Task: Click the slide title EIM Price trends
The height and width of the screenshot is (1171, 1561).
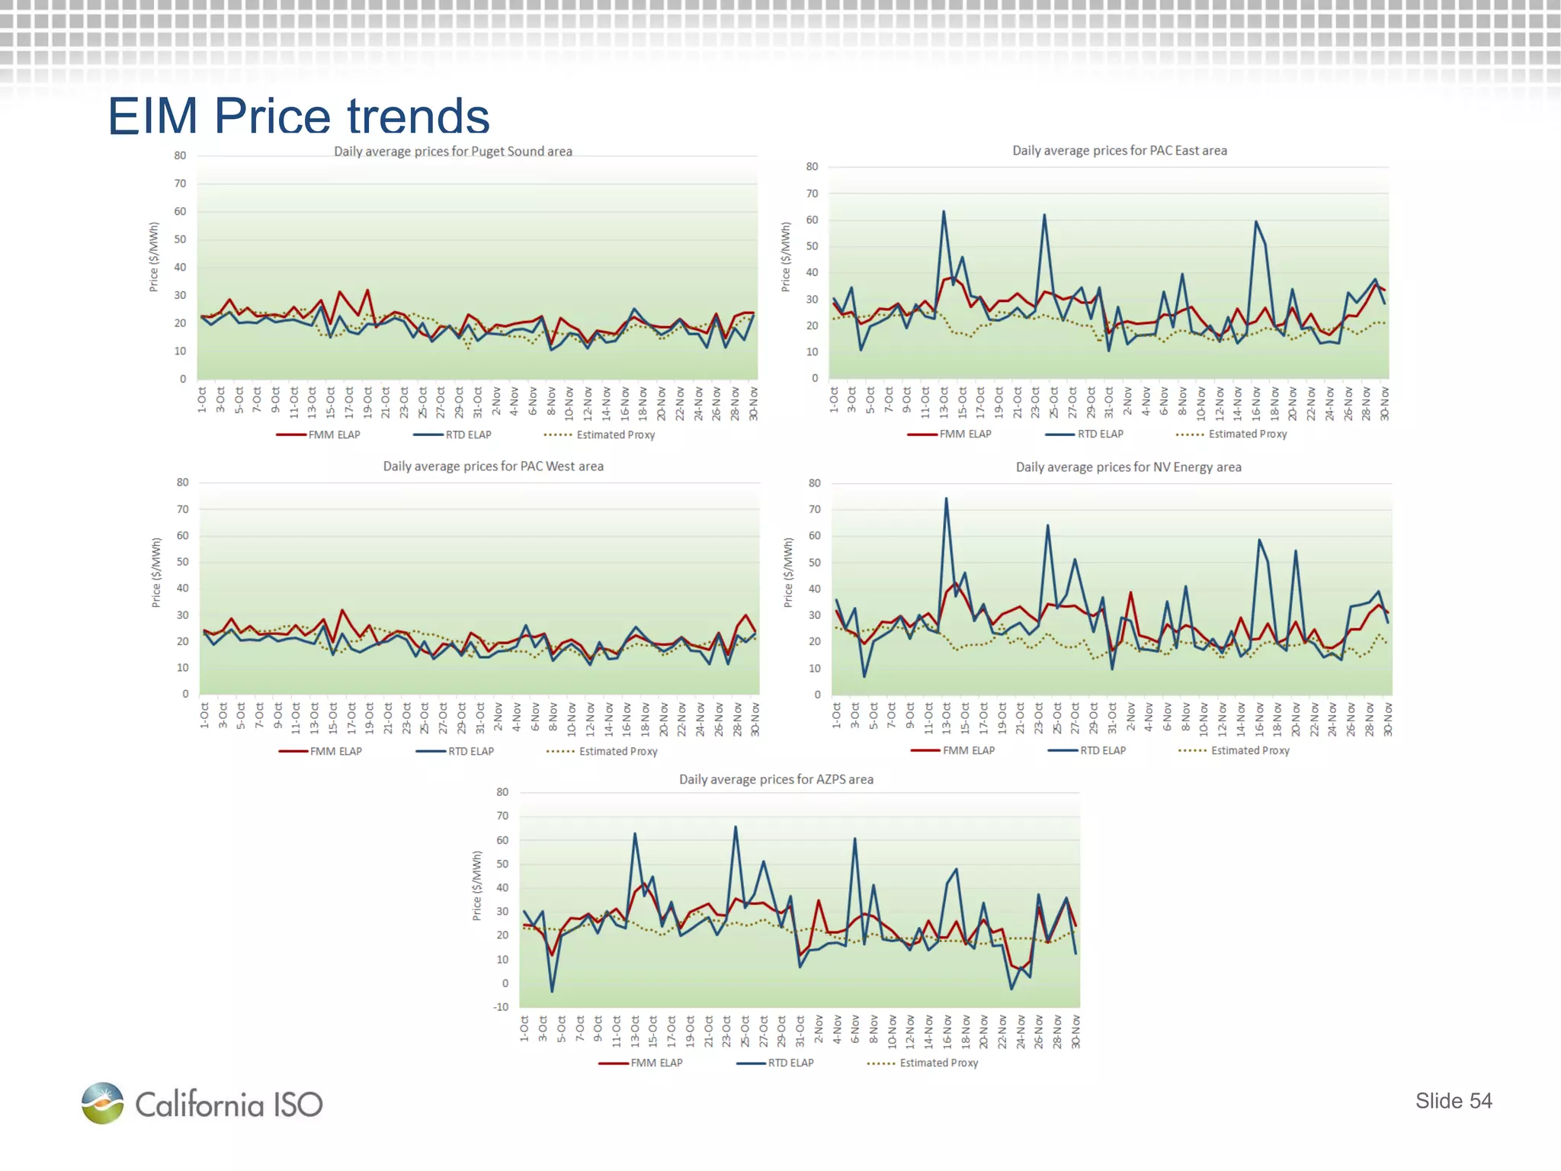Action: [298, 116]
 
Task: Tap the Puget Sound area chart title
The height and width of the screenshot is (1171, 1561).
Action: [453, 151]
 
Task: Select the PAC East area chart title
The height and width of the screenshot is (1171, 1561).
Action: [1119, 150]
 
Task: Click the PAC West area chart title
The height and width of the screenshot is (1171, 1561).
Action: [492, 466]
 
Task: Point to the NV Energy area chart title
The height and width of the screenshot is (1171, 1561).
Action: [1128, 467]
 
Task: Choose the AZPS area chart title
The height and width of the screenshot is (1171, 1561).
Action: [776, 779]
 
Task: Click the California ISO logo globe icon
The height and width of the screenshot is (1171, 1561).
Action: [103, 1102]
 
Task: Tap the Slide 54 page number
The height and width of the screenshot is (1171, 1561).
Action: [1453, 1100]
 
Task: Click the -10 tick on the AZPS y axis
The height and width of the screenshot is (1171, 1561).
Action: [501, 1007]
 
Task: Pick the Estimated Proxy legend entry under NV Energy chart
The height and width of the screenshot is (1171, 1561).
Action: [1234, 750]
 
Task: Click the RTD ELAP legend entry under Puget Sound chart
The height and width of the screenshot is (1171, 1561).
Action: [453, 435]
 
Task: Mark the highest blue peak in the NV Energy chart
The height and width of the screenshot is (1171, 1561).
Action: [947, 499]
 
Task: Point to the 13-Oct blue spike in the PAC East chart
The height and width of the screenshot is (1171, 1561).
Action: [944, 212]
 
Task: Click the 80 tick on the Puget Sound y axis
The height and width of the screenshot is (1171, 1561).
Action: [180, 156]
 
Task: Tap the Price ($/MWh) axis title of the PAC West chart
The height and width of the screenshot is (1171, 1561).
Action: [156, 573]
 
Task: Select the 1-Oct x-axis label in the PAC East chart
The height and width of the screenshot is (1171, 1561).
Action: [834, 401]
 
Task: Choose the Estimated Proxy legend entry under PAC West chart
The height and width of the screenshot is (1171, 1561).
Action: [602, 751]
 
